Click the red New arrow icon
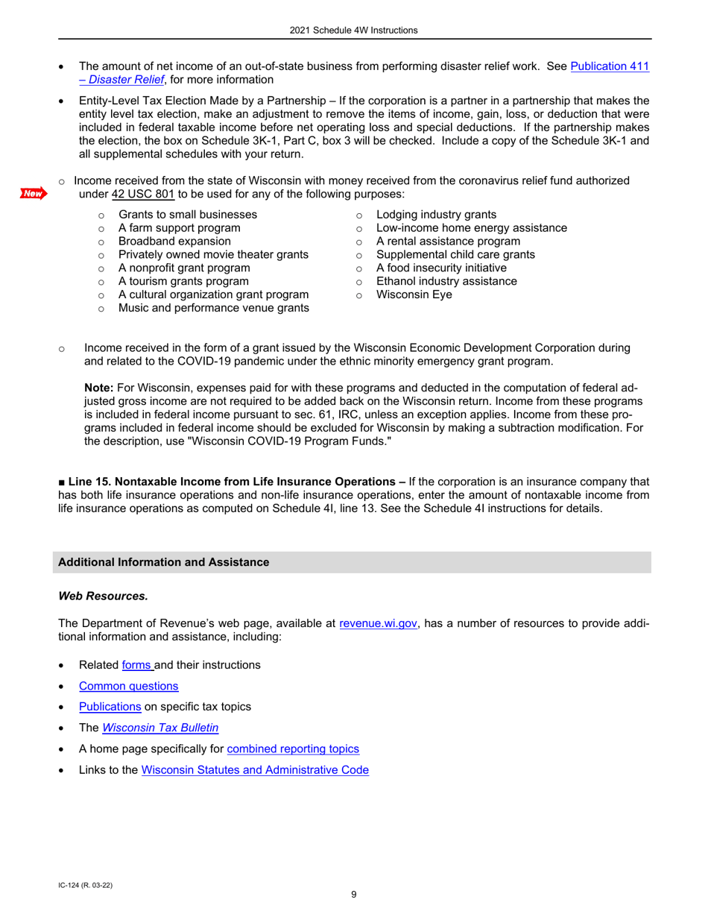click(34, 194)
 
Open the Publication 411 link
click(609, 66)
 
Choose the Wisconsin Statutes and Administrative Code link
click(255, 770)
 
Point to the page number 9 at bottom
click(354, 895)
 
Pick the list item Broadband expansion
click(174, 241)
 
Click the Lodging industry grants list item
click(436, 214)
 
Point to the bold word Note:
click(98, 388)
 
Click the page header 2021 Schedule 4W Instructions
click(354, 31)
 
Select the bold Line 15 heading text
click(235, 481)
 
